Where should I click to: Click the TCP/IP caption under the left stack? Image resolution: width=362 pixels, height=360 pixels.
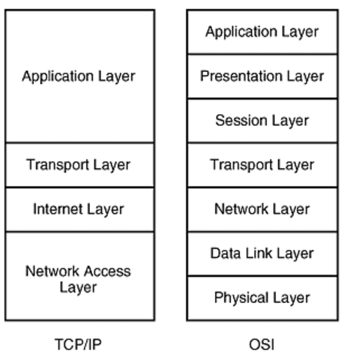pos(78,344)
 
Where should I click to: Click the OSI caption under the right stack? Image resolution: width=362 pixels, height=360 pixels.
pos(262,344)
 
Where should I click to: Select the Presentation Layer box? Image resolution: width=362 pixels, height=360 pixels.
pos(262,76)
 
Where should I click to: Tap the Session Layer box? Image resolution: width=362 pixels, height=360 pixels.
pos(262,120)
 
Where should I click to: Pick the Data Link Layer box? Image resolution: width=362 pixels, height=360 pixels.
pos(262,253)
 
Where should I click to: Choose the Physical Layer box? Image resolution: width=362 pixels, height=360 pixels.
pos(262,298)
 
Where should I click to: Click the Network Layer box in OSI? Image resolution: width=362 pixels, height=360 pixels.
pos(262,209)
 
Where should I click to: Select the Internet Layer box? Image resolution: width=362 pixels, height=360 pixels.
pos(79,209)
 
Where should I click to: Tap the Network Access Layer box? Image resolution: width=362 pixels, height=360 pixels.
pos(79,276)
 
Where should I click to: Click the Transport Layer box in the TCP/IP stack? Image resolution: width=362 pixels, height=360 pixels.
pos(79,165)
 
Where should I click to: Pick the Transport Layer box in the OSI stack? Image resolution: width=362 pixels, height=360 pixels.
pos(262,165)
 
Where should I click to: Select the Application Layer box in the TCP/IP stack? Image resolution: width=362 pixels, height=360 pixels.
pos(79,76)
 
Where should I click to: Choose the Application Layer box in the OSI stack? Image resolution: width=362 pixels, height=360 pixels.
pos(262,31)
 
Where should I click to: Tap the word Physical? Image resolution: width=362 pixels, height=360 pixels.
pos(236,298)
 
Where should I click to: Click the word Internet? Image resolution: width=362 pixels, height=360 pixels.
pos(55,209)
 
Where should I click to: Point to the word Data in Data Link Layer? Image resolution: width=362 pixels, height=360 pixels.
pos(224,253)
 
